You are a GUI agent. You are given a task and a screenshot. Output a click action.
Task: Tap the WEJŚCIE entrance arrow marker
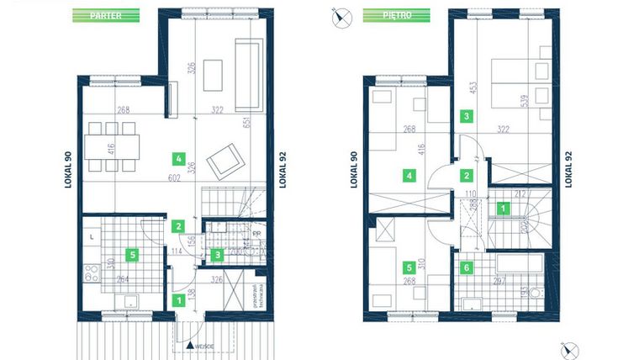192,345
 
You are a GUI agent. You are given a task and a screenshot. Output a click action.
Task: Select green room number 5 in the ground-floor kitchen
131,252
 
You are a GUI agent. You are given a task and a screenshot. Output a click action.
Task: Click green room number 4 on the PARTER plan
177,157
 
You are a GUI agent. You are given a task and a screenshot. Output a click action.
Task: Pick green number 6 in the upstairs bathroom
467,269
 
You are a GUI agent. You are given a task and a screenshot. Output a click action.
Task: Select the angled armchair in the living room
224,160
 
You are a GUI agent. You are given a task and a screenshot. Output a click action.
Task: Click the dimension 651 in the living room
270,124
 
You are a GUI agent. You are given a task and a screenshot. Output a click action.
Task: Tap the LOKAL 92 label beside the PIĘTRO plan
570,168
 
